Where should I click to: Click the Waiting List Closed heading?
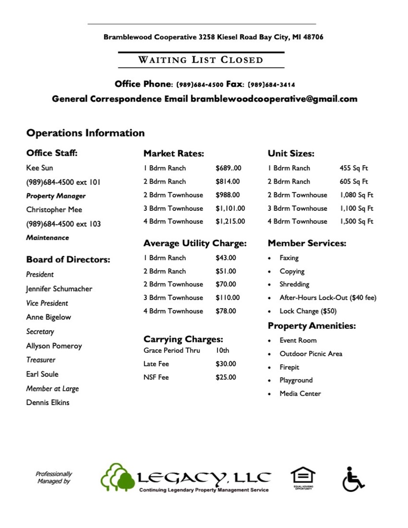coord(201,60)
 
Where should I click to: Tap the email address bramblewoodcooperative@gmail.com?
coord(274,99)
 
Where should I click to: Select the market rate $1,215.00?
coord(230,221)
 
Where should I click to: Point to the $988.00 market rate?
coord(227,195)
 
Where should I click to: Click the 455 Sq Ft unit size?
coord(353,168)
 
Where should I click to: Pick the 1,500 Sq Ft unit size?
coord(356,221)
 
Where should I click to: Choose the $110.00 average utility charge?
coord(227,298)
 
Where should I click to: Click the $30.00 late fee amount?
coord(226,364)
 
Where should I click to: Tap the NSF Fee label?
coord(156,378)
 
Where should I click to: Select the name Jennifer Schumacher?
coord(59,289)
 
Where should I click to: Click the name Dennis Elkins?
coord(48,403)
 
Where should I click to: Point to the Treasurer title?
coord(41,360)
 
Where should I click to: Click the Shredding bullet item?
coord(294,284)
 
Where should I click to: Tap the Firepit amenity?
coord(289,367)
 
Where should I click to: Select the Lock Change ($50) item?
coord(308,311)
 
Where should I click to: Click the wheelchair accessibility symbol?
coord(353,479)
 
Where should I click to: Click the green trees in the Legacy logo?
coord(118,478)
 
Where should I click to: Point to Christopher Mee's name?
coord(54,209)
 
